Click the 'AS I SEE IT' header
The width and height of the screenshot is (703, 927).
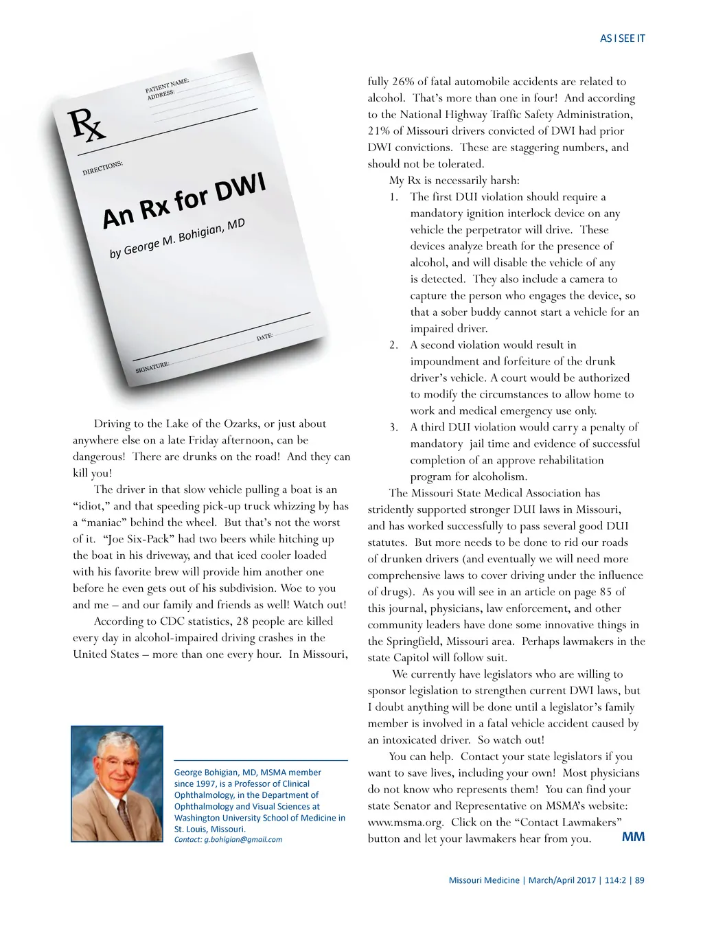coord(622,38)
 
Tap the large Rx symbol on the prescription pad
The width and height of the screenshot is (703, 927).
coord(87,126)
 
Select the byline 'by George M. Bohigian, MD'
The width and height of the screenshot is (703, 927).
coord(177,239)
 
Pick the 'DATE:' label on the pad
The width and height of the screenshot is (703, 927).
coord(265,337)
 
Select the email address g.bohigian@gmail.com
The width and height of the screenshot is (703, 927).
coord(243,839)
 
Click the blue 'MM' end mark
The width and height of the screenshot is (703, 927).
coord(633,837)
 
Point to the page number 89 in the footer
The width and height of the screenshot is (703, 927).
coord(640,880)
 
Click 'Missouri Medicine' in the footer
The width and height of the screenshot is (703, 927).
coord(484,880)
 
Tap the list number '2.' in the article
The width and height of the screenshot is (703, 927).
coord(393,345)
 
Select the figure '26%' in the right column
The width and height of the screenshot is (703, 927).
coord(404,81)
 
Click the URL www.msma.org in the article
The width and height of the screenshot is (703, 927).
coord(406,822)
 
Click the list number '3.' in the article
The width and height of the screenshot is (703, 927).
coord(393,427)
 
